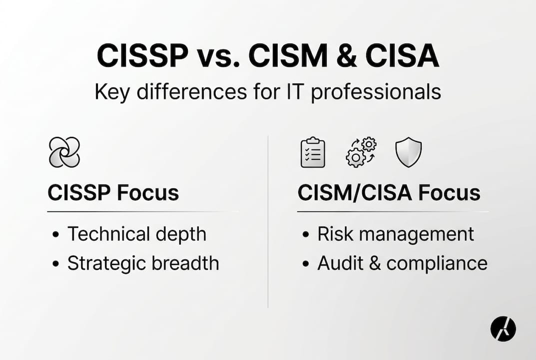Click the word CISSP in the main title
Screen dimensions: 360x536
141,56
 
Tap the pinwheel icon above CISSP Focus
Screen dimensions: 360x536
64,152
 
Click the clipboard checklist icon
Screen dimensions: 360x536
313,152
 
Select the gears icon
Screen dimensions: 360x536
361,152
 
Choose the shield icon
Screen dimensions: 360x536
409,152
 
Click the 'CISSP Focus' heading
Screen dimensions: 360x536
113,193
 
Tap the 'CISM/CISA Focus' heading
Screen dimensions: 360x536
389,193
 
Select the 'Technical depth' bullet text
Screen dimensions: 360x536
137,234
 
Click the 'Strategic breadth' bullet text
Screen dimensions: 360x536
143,263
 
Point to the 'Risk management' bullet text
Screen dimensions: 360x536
396,234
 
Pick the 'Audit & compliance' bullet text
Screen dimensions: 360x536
402,263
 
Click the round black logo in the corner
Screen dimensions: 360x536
503,328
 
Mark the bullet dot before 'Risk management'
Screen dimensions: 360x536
306,234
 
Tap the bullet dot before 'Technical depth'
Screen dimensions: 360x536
56,234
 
